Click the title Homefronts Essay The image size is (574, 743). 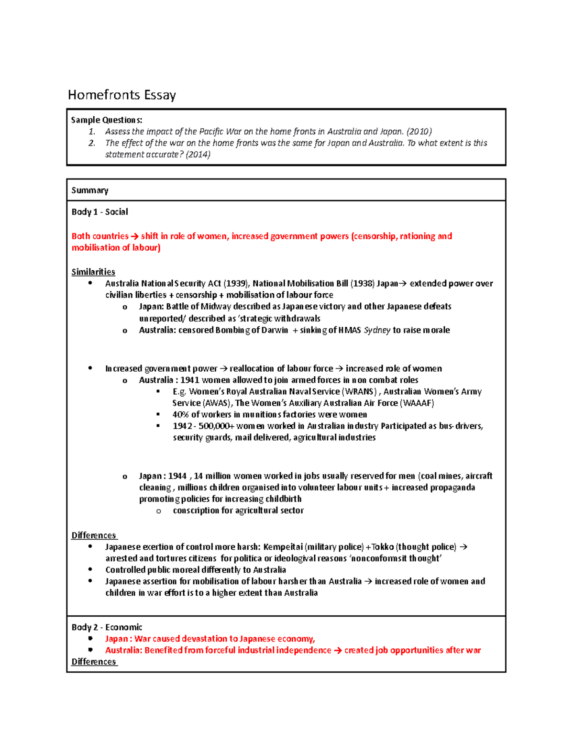121,95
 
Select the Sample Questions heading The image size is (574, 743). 106,120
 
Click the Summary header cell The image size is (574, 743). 90,190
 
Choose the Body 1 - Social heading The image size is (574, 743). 99,212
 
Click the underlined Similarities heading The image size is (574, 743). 93,272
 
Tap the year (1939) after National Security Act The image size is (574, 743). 236,284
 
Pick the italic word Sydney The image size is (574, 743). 377,330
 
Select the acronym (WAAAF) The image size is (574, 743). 417,403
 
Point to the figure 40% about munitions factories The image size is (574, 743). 181,415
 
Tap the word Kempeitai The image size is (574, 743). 283,547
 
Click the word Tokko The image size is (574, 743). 383,547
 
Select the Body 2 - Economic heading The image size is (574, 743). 107,627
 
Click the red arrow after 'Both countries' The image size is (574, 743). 134,236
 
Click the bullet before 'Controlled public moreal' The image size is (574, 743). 90,569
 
